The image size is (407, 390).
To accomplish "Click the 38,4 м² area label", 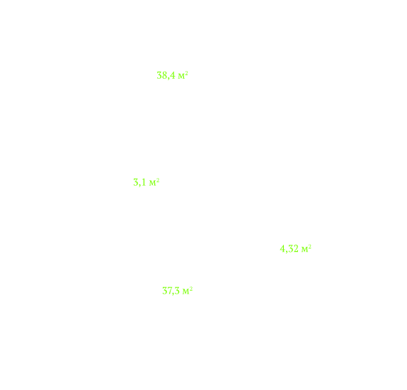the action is (172, 75).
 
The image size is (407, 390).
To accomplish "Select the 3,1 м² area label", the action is (146, 182).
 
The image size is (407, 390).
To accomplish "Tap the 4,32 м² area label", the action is (295, 249).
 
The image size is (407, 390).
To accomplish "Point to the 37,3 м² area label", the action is (177, 291).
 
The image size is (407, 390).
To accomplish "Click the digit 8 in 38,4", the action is (164, 75).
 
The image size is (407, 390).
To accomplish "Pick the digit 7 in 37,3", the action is (170, 291).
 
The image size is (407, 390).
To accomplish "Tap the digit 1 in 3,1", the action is (144, 182).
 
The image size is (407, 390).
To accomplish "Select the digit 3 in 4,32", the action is (290, 249).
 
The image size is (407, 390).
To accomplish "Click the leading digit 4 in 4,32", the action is (282, 249).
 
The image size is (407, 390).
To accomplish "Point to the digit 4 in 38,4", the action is (173, 75).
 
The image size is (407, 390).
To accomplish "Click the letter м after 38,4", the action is (181, 77).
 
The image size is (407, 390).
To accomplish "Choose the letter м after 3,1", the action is (152, 183).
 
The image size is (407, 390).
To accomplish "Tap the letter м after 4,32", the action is (304, 250).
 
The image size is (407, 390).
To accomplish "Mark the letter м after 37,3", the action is (185, 291).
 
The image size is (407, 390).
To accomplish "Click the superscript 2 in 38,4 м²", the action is (186, 73).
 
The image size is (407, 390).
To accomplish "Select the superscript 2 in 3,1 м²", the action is (158, 180).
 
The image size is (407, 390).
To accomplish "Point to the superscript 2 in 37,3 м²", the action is (191, 289).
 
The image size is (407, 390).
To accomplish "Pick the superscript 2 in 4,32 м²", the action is (309, 247).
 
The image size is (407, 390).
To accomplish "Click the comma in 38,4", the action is (168, 79).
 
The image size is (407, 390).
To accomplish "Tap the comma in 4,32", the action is (287, 252).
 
